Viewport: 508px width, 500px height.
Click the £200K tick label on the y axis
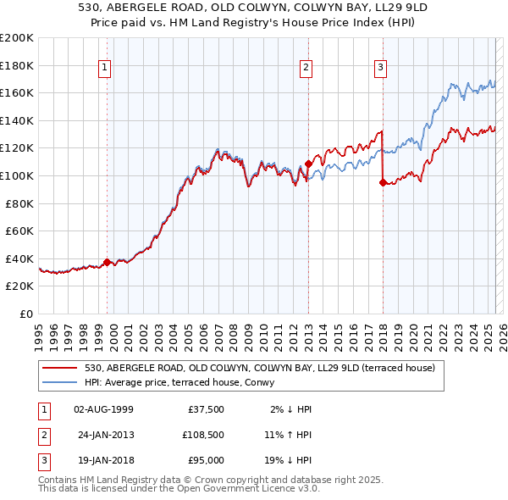pos(16,38)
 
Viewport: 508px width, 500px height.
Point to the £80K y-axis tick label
pos(19,203)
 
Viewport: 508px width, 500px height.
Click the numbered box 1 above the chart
pos(103,69)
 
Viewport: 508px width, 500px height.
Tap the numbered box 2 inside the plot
pos(305,69)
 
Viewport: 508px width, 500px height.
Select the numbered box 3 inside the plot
pos(380,69)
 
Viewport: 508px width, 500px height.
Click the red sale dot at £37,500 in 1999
pos(107,262)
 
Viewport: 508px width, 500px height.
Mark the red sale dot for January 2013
pos(308,164)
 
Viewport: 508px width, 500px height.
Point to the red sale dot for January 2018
pos(383,182)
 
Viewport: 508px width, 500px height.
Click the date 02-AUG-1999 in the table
pos(103,409)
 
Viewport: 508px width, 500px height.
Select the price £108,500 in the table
pos(202,435)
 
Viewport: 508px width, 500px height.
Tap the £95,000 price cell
pos(206,460)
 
